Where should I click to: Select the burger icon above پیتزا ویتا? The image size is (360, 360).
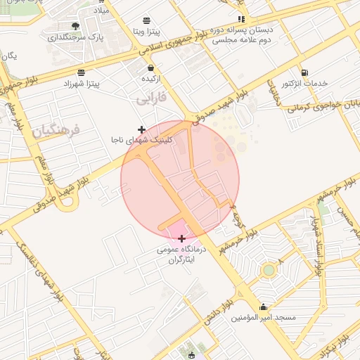coord(146,20)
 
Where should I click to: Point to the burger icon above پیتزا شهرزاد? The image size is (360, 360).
coord(82,72)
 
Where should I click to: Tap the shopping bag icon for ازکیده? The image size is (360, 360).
coord(150,67)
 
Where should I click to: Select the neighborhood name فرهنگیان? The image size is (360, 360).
coord(57,130)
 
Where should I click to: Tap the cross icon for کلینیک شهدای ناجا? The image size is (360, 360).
coord(142,129)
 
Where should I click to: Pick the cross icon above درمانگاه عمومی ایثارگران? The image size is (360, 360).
coord(182,238)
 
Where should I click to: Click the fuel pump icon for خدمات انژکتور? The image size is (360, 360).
coord(304,72)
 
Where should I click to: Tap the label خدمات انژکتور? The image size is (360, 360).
coord(304,84)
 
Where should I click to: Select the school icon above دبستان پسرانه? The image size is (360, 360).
coord(241,20)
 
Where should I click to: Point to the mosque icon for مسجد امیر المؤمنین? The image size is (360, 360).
coord(264,307)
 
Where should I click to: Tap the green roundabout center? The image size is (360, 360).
coord(268,270)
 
